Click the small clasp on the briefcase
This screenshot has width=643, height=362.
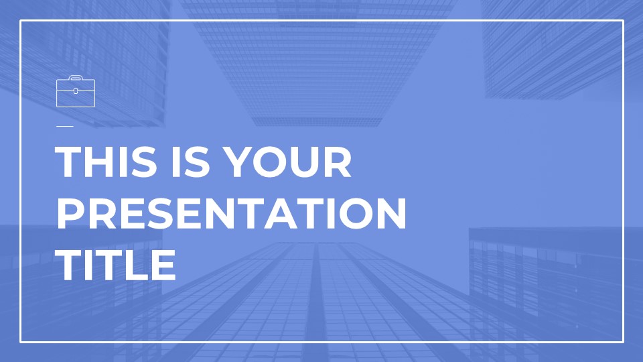coord(76,90)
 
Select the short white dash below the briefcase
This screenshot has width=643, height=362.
coord(65,127)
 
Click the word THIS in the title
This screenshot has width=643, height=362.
coord(106,162)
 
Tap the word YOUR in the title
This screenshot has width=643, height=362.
coord(288,162)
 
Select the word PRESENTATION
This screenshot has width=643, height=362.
coord(231,213)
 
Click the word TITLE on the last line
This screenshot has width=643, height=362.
coord(115,265)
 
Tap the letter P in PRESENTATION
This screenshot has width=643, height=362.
coord(70,213)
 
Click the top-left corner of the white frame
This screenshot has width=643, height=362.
coord(21,21)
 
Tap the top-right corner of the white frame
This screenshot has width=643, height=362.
coord(623,21)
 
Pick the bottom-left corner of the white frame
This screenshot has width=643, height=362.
coord(21,342)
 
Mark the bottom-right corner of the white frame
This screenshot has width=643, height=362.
coord(623,342)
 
